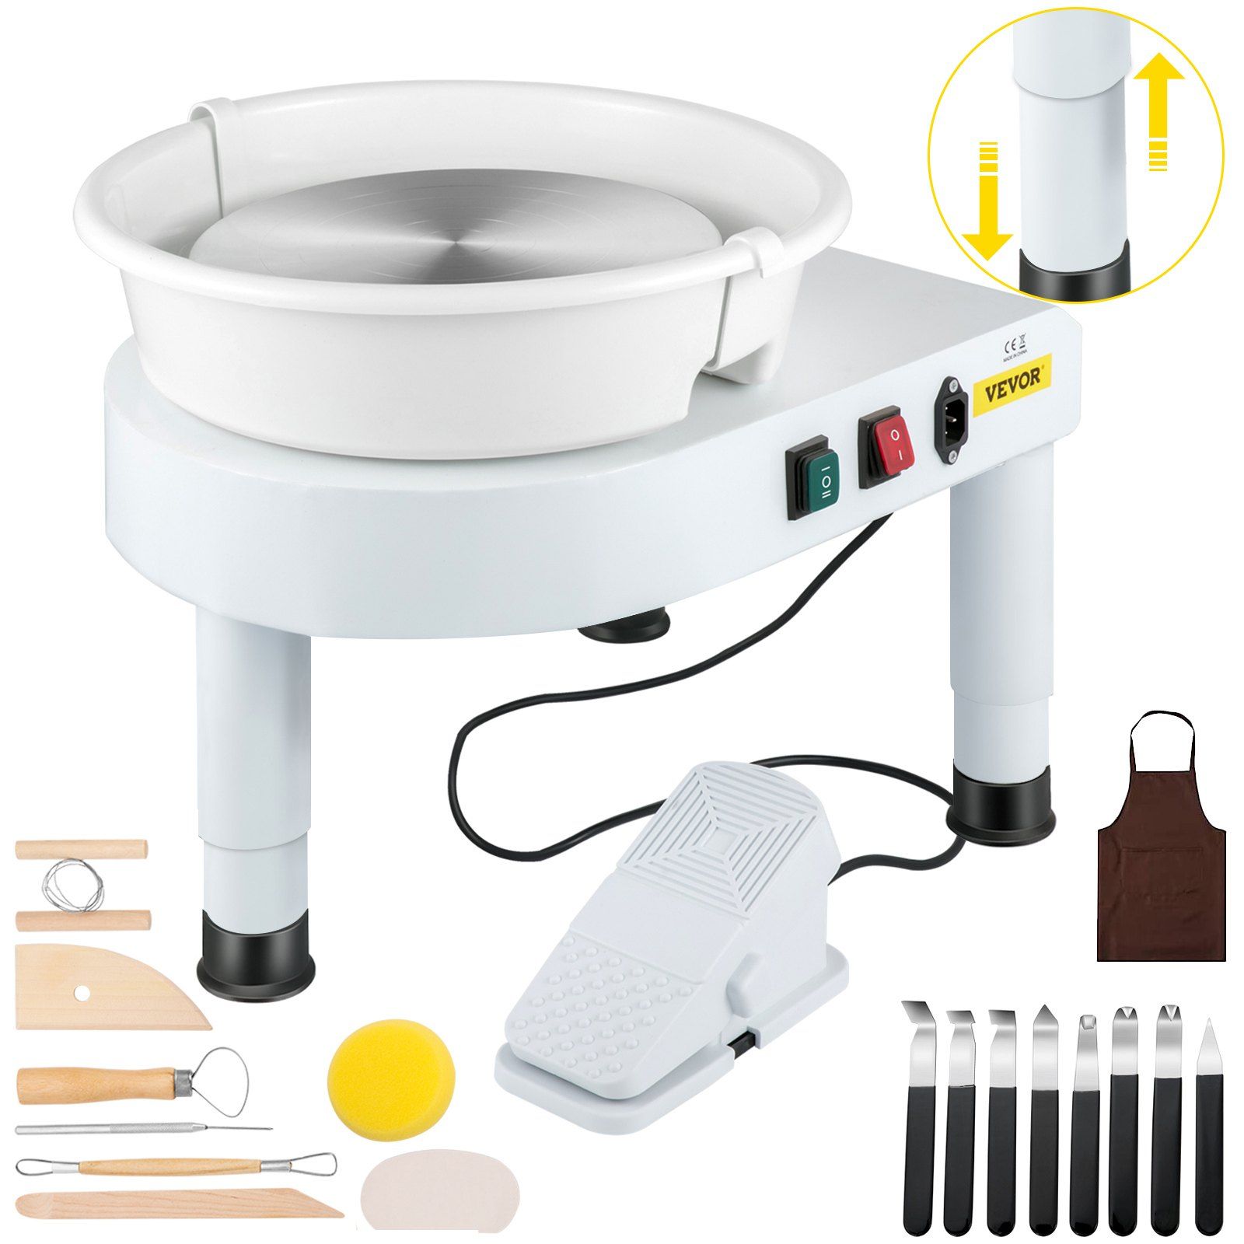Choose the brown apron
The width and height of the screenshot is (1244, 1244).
(x=1161, y=879)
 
